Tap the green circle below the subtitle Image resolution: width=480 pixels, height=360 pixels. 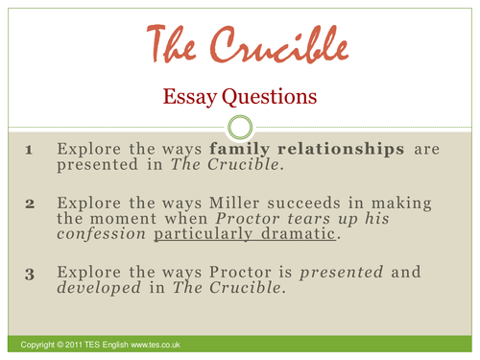point(240,126)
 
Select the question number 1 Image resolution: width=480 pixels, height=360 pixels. point(29,151)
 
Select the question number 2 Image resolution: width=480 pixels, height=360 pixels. point(29,204)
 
